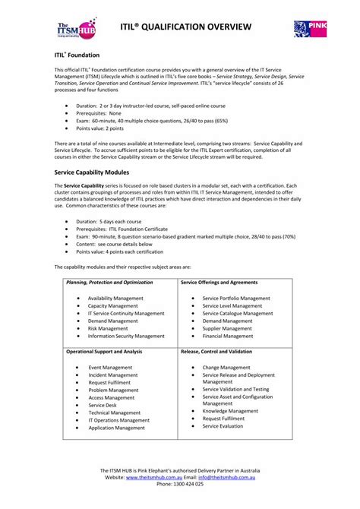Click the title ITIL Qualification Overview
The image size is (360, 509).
185,27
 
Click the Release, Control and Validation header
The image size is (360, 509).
216,352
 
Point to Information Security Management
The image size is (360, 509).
126,336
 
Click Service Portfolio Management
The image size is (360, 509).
236,299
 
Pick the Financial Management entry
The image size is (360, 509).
227,336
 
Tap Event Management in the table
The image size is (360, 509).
110,368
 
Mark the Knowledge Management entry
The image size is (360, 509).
231,410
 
